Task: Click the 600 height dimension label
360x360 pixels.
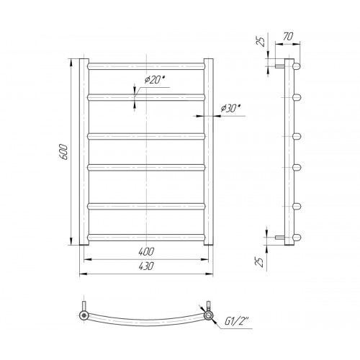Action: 64,152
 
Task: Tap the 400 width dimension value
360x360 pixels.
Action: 146,251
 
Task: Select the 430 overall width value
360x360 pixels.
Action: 146,266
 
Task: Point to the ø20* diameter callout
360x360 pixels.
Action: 155,79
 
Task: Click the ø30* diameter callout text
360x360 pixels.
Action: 231,108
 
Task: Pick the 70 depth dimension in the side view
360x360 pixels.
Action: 288,37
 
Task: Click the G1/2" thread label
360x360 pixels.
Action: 237,321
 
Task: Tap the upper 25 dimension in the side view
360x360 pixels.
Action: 261,42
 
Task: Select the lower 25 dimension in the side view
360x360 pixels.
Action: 259,262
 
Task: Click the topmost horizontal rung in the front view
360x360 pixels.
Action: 146,66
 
